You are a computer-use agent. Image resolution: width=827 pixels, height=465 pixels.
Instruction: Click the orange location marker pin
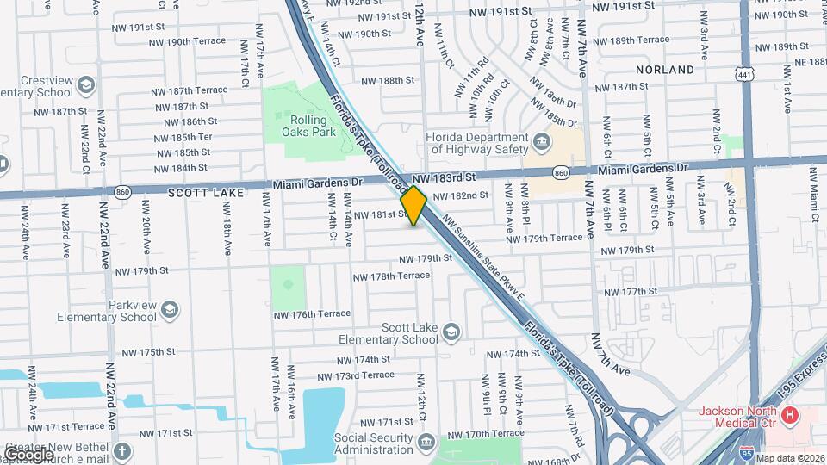(413, 206)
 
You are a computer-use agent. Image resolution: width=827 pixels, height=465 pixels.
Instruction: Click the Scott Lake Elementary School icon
(451, 332)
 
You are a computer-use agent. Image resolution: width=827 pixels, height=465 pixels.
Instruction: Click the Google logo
(28, 454)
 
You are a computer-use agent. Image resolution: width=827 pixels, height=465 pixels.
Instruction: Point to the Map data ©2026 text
(789, 458)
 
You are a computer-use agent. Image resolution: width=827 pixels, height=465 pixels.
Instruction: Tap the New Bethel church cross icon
(122, 451)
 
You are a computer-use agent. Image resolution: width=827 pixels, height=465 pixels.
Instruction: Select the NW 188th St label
(388, 80)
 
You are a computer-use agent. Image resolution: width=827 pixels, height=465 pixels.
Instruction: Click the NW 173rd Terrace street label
(356, 375)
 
